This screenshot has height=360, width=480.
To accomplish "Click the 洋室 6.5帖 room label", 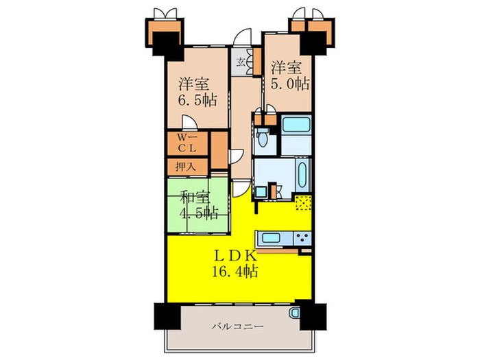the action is point(198,92).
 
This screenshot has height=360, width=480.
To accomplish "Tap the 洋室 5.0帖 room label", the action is point(289,76).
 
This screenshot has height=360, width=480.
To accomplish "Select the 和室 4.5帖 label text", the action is point(198,205).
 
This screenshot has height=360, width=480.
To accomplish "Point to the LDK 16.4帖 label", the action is point(235,263).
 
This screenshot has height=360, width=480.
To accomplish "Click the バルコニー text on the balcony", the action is point(238,326).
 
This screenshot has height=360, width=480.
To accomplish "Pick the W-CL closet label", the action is point(187,143).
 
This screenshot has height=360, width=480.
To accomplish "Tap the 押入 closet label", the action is point(186,167).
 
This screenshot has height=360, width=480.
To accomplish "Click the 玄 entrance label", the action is point(241,62).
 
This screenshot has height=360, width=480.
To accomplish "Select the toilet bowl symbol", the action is point(263,138).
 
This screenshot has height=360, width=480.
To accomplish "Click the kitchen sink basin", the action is point(271,238).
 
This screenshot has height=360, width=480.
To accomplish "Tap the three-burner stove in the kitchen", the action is point(302,238).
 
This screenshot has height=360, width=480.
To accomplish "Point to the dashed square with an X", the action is point(303,203).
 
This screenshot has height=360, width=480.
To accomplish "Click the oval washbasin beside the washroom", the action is point(302,174).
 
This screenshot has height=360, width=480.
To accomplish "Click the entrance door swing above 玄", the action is point(243,37).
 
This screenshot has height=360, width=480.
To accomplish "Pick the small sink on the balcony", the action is point(293,313).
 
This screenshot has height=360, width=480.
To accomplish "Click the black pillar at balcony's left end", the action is point(165,317).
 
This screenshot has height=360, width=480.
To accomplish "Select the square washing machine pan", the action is point(261,192).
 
